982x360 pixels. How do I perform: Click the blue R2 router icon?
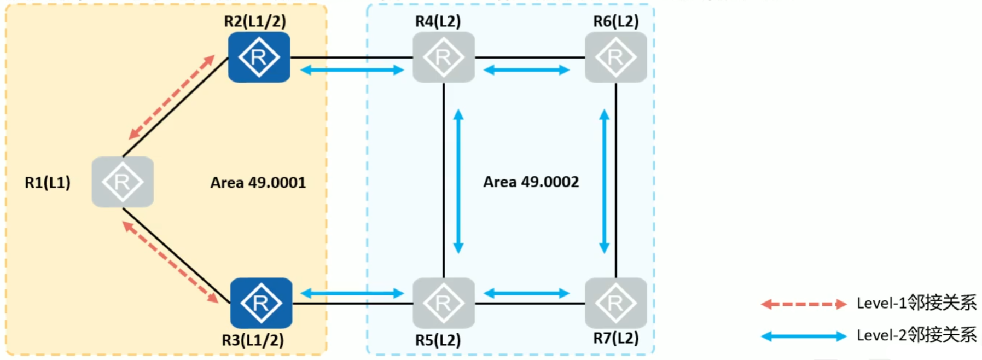[x=259, y=57]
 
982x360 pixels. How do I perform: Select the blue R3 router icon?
[x=261, y=303]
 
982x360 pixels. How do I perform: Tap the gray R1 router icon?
[x=123, y=182]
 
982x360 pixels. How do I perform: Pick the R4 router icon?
[x=444, y=57]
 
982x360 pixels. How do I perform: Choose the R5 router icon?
[x=444, y=303]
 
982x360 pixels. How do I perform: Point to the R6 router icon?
[x=616, y=57]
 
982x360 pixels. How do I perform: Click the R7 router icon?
[x=616, y=303]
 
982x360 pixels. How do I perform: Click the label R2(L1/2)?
[x=255, y=21]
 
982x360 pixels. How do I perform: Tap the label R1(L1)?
[x=48, y=182]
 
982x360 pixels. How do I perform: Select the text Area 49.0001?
[x=258, y=182]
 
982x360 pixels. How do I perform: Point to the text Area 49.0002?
[x=531, y=182]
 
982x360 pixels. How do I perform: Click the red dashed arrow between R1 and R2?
[x=171, y=97]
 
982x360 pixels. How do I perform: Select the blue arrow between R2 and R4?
[x=352, y=70]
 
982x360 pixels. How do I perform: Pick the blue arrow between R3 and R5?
[x=352, y=293]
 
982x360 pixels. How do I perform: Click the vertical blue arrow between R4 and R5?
[x=458, y=181]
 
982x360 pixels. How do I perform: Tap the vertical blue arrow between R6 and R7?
[x=605, y=181]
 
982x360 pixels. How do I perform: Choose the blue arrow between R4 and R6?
[x=527, y=70]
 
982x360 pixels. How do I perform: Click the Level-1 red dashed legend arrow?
[x=803, y=304]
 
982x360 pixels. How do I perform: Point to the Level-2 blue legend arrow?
[x=803, y=336]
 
